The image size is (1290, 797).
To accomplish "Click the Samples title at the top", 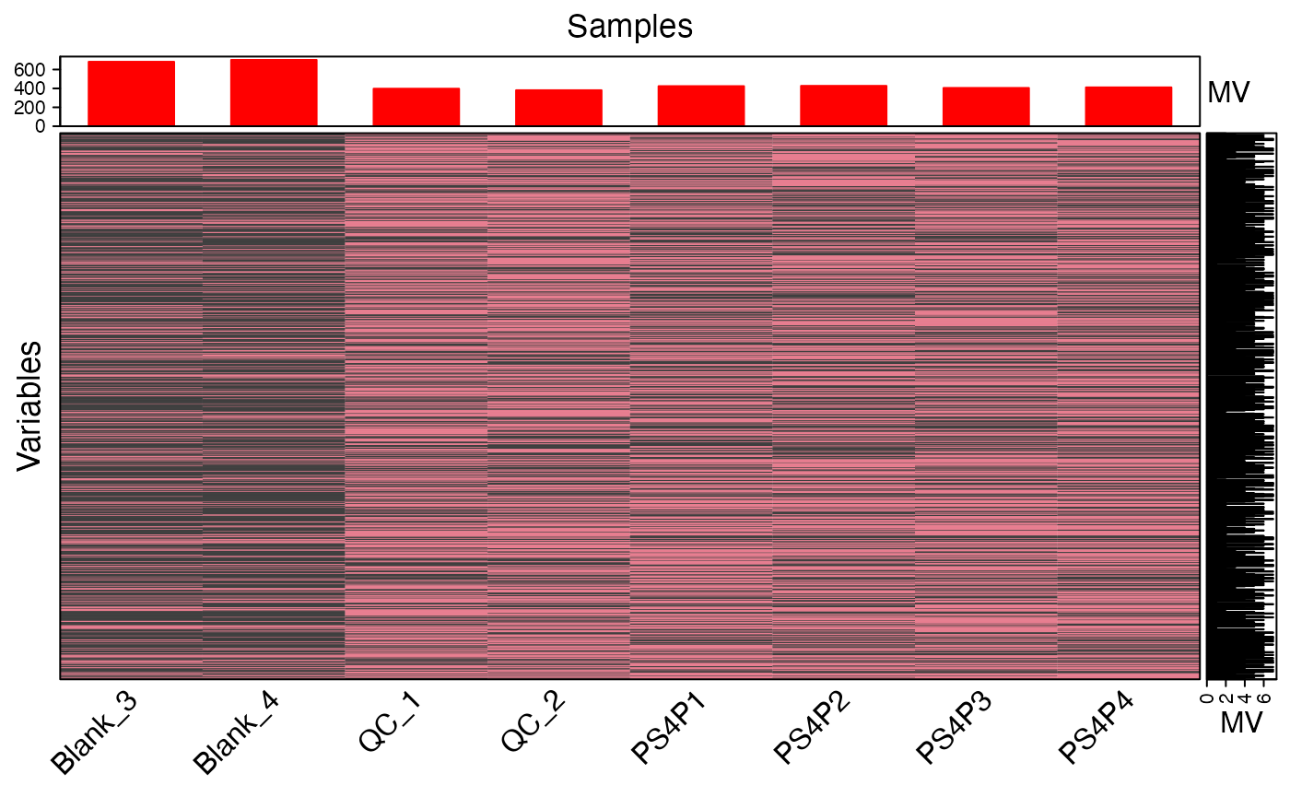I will [629, 26].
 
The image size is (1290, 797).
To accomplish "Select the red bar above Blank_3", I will [131, 93].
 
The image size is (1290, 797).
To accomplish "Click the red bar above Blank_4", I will [274, 92].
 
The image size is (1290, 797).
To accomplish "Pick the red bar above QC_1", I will [416, 107].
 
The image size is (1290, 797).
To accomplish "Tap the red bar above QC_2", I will [558, 108].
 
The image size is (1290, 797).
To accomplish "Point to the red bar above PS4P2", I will [843, 105].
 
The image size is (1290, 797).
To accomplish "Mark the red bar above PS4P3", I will [985, 106].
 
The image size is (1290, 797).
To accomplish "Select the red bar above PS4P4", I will [1128, 106].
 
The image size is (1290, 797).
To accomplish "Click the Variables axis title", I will [29, 406].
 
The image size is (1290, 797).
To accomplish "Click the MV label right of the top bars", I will [1227, 92].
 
